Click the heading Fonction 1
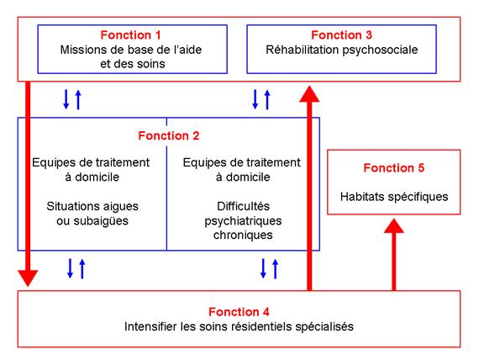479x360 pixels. pos(130,35)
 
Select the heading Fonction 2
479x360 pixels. pos(169,135)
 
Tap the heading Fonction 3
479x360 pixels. pos(341,35)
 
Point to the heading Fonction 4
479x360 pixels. pos(239,312)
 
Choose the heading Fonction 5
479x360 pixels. pos(394,168)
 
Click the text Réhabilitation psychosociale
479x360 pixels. pos(341,50)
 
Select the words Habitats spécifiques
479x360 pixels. pos(394,197)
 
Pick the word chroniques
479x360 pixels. pos(243,236)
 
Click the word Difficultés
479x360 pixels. pos(243,206)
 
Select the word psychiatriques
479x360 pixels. pos(243,221)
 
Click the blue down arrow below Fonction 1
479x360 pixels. pos(66,99)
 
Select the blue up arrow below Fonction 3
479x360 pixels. pos(267,99)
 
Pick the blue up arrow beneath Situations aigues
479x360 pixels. pos(82,268)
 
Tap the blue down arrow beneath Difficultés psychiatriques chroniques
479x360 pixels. pos(263,268)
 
